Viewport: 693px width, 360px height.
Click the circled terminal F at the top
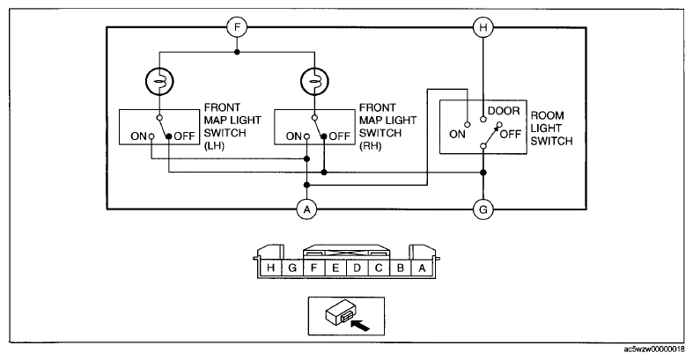(237, 27)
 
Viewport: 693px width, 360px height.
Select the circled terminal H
(483, 27)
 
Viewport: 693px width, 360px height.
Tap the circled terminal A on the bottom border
(306, 209)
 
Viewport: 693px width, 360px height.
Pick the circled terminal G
(483, 209)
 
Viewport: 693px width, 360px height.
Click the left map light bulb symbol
(159, 81)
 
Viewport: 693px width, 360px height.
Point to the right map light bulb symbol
(314, 81)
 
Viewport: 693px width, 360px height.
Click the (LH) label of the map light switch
(214, 146)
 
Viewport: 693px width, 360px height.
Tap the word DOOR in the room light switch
(504, 111)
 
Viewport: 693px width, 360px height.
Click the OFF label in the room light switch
(511, 134)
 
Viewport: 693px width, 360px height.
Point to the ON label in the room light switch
(457, 134)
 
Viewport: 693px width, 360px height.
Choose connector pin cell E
(335, 268)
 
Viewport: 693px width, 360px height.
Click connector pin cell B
(401, 268)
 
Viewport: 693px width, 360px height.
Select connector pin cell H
(271, 268)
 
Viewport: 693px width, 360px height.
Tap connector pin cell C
(379, 268)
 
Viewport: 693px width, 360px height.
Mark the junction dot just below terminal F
(237, 52)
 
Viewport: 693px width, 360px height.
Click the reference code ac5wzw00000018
(654, 349)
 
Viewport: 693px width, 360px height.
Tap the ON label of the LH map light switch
(138, 136)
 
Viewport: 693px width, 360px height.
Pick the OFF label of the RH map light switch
(339, 136)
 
